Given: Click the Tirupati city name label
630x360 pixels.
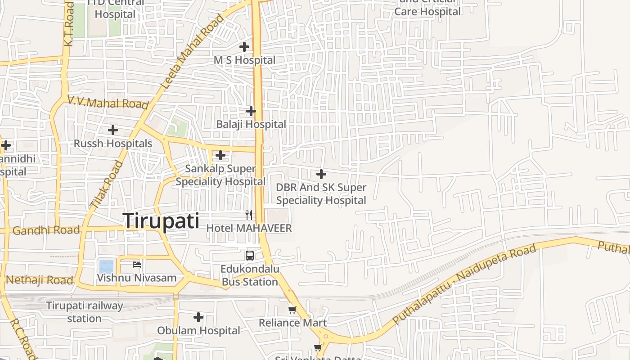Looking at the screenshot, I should point(161,221).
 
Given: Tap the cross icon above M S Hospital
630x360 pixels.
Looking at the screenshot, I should point(244,46).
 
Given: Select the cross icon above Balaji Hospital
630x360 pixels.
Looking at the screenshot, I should point(251,111).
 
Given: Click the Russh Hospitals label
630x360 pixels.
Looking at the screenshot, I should point(113,144).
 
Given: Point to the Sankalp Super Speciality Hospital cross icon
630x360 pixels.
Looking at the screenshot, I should point(220,155).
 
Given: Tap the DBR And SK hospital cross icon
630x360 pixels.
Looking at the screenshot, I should point(321,174).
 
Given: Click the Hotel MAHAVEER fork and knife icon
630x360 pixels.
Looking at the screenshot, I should point(249,215).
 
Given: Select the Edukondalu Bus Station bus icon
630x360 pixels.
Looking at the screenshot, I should point(250,256).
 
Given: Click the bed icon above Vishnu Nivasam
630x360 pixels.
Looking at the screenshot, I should point(137,264).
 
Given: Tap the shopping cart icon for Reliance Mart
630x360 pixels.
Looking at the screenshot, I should point(292,310).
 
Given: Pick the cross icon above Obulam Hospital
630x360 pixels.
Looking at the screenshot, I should point(198,317).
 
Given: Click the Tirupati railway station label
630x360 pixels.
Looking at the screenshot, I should point(85,312).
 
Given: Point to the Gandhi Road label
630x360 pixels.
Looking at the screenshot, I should point(46,230).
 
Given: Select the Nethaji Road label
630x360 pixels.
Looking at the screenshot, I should point(39,280).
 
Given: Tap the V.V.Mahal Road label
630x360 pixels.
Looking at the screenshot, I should point(108,103).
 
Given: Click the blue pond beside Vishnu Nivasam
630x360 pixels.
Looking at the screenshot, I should point(106,266).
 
